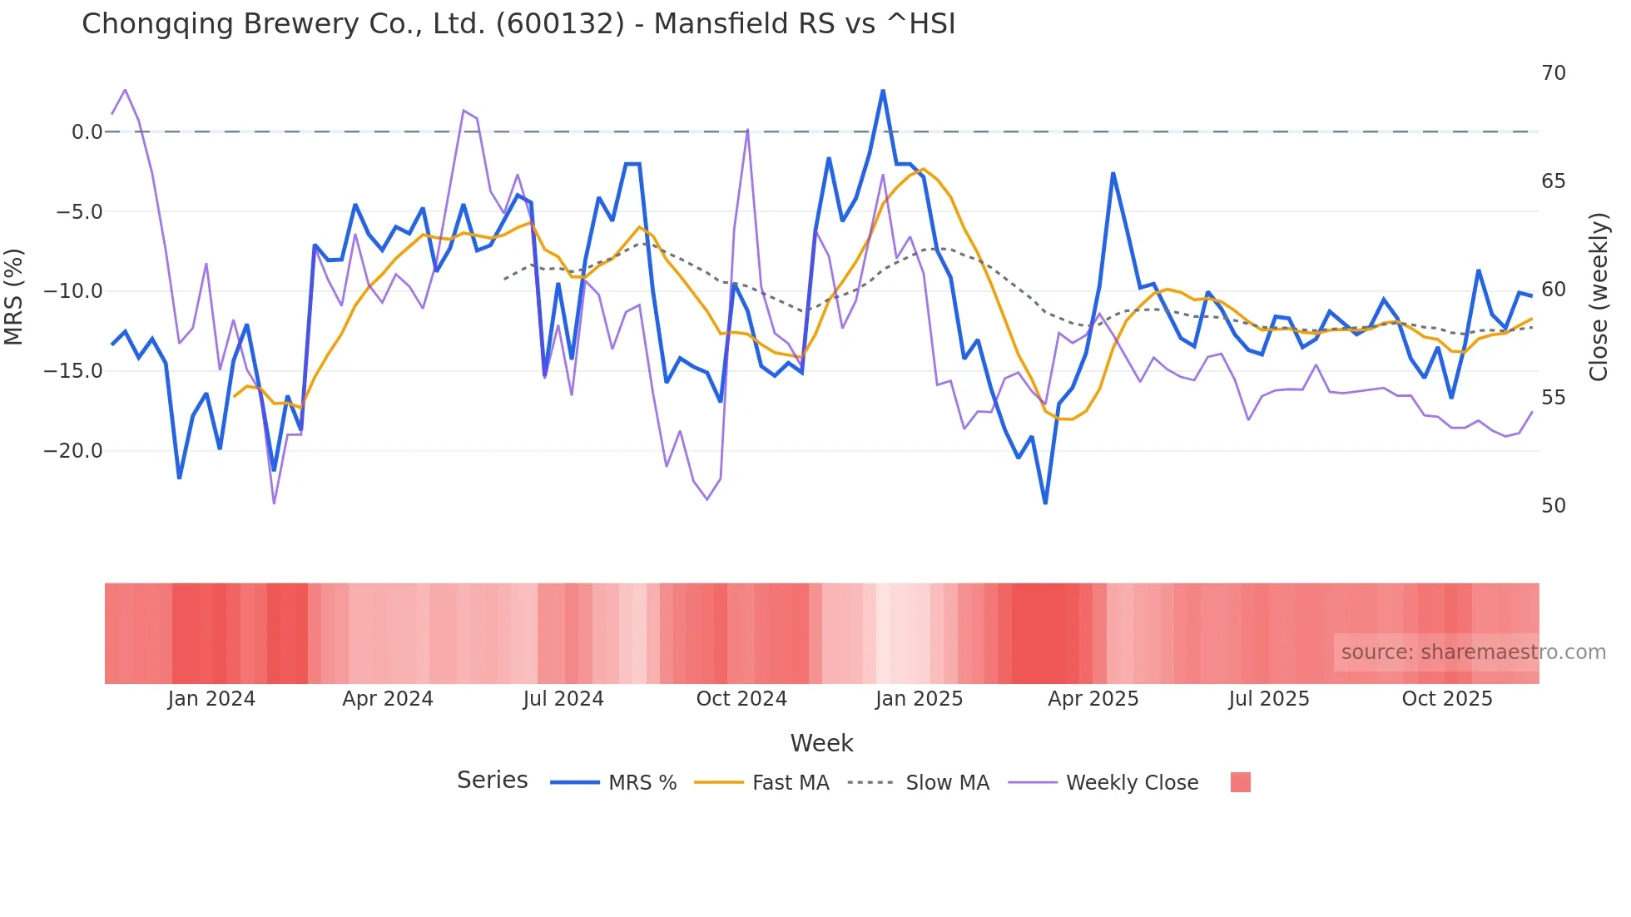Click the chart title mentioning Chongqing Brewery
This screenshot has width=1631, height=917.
click(x=518, y=24)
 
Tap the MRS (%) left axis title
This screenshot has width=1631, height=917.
click(x=14, y=297)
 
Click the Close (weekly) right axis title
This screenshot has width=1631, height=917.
click(x=1598, y=297)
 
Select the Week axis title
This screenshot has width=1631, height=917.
click(x=821, y=743)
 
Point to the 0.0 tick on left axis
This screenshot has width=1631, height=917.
click(x=87, y=132)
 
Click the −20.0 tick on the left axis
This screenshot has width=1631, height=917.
click(x=73, y=451)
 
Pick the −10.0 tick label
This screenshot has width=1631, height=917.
click(x=73, y=291)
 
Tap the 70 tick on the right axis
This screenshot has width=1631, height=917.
click(x=1553, y=73)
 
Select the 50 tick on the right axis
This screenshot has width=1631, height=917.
click(x=1553, y=506)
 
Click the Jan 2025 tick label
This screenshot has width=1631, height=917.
click(x=919, y=699)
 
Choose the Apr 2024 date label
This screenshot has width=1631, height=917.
click(x=388, y=699)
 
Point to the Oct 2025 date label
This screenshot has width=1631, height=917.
click(x=1447, y=699)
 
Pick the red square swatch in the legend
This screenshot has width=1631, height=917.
click(x=1240, y=782)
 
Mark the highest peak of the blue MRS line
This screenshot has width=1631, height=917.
click(x=883, y=91)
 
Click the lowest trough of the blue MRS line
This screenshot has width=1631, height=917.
click(x=1045, y=503)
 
